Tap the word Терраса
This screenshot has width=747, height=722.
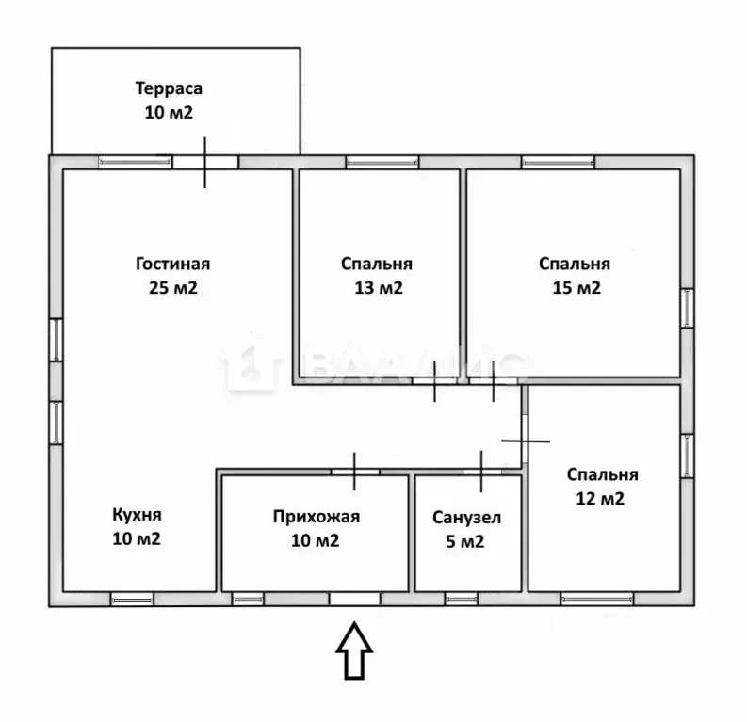point(170,88)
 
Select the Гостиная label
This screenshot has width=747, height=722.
point(173,264)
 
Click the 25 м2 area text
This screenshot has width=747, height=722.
point(173,287)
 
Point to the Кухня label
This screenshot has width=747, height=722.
point(138,515)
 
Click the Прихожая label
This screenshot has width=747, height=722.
point(317,517)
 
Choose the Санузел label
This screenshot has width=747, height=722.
point(467,518)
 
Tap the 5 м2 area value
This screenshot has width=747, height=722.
point(465,541)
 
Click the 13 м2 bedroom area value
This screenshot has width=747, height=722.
point(379,287)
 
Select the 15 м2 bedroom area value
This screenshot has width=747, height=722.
point(576,287)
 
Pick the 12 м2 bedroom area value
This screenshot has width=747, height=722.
point(600,498)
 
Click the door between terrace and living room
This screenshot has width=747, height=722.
point(204,162)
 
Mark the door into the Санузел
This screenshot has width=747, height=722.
point(481,472)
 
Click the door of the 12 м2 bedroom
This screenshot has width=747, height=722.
point(525,441)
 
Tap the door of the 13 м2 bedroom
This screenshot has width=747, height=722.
point(434,380)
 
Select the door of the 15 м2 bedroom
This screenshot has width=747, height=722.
point(493,380)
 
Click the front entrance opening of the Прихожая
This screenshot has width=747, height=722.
point(355,599)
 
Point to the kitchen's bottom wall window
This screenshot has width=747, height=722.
point(133,600)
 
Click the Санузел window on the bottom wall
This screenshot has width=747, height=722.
point(462,600)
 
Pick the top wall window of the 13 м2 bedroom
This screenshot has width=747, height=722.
point(382,163)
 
